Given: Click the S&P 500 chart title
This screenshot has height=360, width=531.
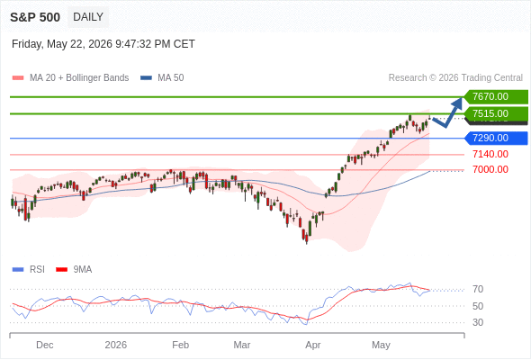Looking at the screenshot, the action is click(35, 17).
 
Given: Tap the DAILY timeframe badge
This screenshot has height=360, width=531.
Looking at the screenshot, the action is click(88, 17).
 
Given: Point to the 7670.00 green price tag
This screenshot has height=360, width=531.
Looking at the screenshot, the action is click(496, 96).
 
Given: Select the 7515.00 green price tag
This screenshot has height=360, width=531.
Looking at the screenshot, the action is click(496, 113).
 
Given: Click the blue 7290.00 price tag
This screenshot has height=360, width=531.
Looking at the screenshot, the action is click(496, 139).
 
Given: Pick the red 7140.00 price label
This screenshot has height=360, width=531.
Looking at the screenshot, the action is click(490, 155).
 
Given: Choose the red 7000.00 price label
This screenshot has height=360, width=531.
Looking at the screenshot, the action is click(490, 169).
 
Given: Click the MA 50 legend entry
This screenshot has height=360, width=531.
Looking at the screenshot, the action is click(162, 78).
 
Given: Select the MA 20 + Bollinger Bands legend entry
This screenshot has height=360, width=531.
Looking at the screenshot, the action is click(70, 78).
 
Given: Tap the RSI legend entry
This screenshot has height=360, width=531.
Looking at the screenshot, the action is click(29, 270).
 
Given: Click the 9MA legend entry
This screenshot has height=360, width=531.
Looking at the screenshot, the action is click(74, 270).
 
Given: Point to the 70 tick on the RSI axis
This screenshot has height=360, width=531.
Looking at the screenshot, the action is click(478, 289).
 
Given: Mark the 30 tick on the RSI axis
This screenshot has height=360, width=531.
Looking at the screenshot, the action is click(478, 322).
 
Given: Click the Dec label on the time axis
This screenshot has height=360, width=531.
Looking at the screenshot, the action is click(45, 345).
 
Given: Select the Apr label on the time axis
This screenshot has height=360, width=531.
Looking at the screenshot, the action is click(313, 345).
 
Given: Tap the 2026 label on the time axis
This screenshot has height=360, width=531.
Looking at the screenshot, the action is click(116, 345).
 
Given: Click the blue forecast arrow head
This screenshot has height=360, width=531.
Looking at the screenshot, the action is click(458, 103).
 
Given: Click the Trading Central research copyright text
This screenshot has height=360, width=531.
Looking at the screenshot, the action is click(455, 78).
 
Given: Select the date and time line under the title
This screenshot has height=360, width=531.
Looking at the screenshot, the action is click(103, 44).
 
